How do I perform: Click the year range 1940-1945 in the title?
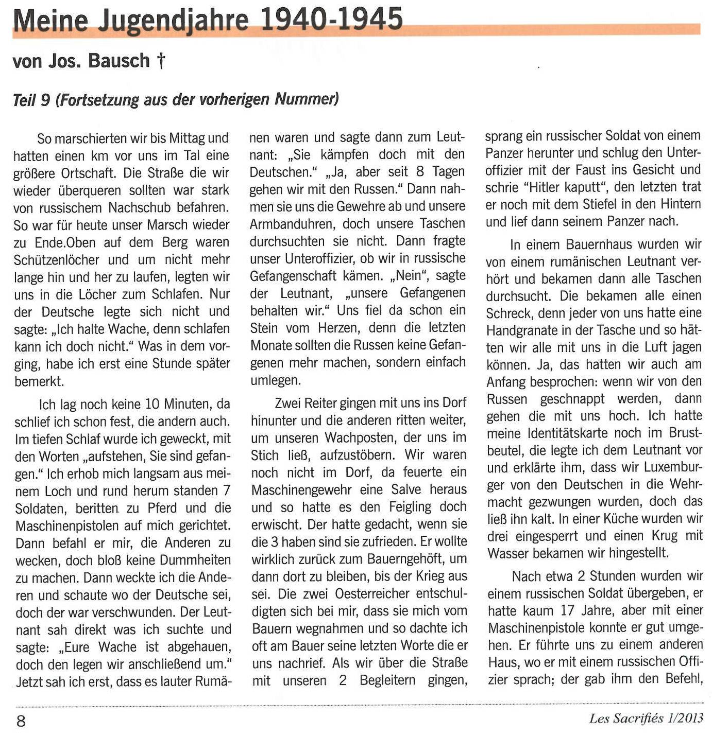(x=331, y=19)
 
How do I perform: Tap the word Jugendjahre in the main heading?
(x=173, y=21)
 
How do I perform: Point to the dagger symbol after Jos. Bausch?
(x=161, y=61)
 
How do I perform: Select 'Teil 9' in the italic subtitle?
(x=31, y=99)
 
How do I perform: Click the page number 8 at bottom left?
(x=21, y=721)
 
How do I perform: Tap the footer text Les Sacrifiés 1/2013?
(x=646, y=718)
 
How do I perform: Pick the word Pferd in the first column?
(x=162, y=508)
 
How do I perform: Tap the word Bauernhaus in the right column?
(x=607, y=244)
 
